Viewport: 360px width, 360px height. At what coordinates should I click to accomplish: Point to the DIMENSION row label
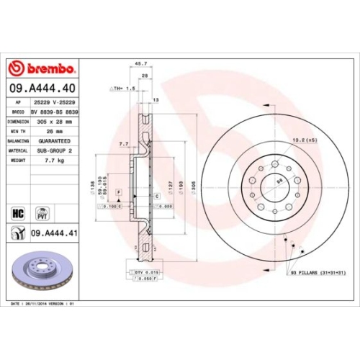tap(17, 122)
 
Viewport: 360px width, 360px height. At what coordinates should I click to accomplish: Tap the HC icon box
tap(19, 213)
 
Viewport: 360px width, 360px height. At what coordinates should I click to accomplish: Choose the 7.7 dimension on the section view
tap(122, 144)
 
